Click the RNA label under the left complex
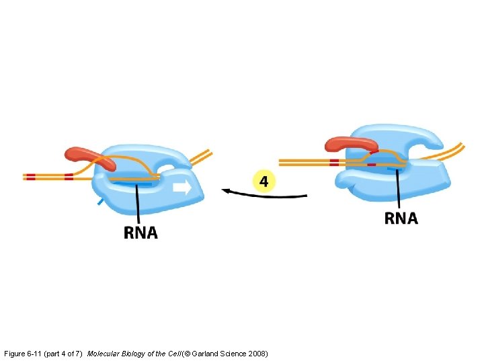coord(140,233)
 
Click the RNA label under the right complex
coord(401,218)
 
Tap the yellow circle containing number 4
coord(264,181)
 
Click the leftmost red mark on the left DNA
coord(30,177)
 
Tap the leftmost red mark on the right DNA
coord(334,162)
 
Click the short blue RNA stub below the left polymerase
coord(100,201)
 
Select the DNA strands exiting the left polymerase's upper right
coord(200,157)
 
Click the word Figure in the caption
coord(15,353)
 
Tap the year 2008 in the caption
coord(257,353)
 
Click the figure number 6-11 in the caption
coord(37,353)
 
